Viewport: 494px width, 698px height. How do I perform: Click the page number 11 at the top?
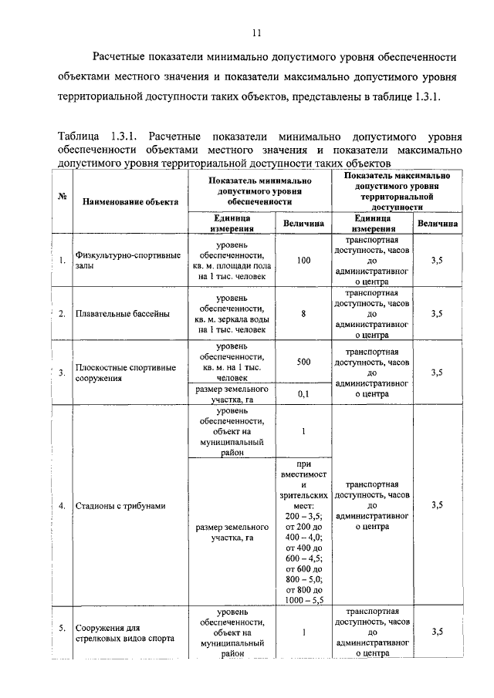257,32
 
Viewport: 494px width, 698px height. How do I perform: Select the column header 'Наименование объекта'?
127,201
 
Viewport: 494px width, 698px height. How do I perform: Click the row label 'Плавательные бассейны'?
122,313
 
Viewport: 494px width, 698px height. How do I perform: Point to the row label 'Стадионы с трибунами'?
121,505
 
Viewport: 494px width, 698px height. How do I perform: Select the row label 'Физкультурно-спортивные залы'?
127,261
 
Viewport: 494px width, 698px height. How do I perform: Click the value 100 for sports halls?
303,261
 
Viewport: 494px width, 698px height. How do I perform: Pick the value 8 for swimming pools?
303,313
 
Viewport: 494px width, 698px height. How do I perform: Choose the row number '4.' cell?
62,505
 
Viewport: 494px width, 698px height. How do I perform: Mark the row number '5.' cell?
62,630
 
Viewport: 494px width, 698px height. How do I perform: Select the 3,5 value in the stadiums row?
437,505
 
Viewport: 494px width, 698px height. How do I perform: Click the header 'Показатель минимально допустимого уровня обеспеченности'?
254,189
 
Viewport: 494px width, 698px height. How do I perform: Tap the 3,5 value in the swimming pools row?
437,313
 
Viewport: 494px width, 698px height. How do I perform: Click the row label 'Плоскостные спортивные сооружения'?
125,373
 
